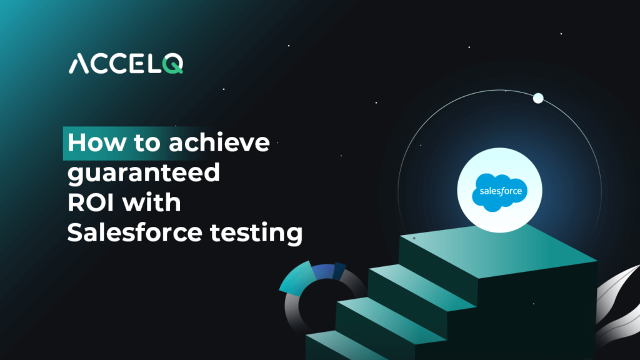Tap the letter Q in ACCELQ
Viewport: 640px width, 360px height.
pos(173,64)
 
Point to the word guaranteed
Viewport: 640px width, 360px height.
pos(144,173)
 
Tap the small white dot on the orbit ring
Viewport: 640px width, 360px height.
pos(537,98)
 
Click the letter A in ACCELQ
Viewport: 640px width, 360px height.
pos(79,64)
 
